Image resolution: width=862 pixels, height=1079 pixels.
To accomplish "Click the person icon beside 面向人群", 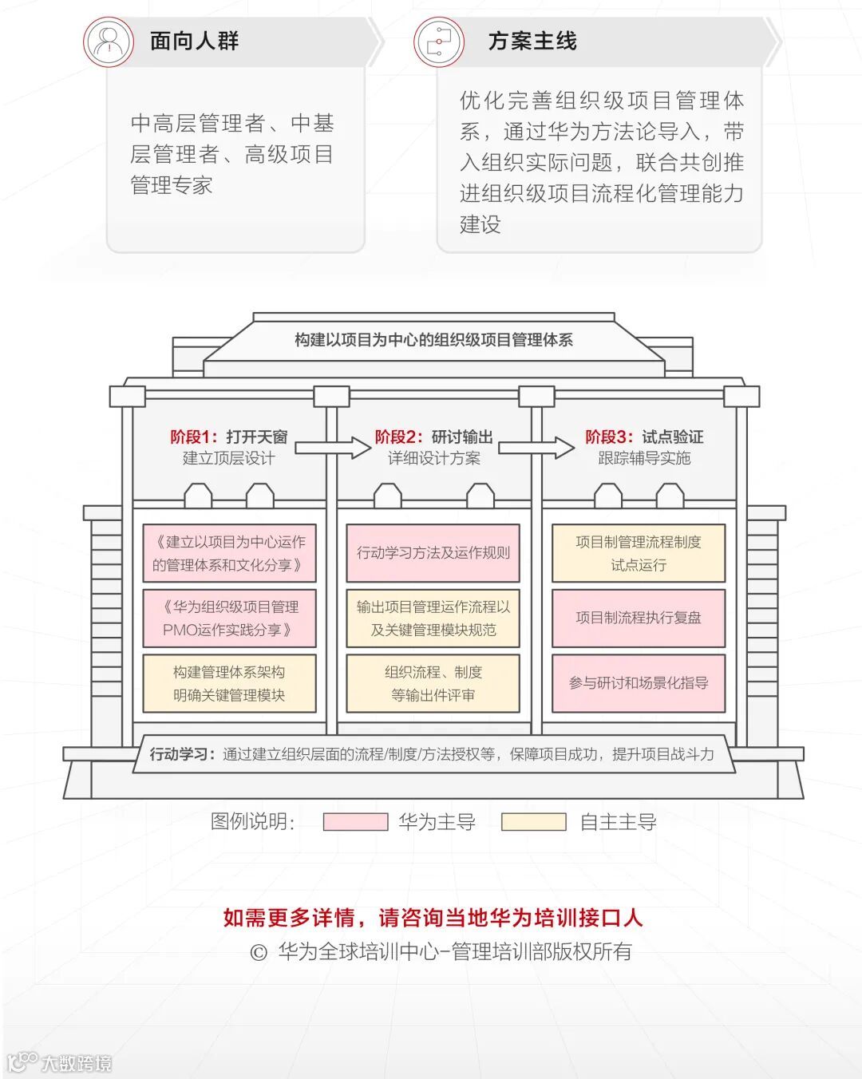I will pyautogui.click(x=109, y=41).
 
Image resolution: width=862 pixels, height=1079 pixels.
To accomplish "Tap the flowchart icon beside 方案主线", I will pyautogui.click(x=438, y=41).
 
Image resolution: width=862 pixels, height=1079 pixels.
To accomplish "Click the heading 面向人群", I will pyautogui.click(x=195, y=41).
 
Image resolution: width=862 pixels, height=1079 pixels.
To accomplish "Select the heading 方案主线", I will pyautogui.click(x=532, y=41).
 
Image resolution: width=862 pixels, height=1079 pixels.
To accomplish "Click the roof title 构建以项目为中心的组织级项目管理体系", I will pyautogui.click(x=433, y=340).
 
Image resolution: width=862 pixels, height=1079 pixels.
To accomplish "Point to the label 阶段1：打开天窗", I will pyautogui.click(x=229, y=437).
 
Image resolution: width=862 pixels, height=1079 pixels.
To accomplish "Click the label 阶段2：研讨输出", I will pyautogui.click(x=434, y=437).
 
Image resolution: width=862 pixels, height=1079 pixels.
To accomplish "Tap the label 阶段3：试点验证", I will pyautogui.click(x=644, y=437).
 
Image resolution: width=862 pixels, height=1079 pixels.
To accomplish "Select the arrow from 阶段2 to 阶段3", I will pyautogui.click(x=536, y=447).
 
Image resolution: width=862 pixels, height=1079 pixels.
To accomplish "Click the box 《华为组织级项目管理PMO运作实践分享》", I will pyautogui.click(x=230, y=619).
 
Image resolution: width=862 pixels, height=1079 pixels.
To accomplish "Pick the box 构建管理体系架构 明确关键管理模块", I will pyautogui.click(x=230, y=683).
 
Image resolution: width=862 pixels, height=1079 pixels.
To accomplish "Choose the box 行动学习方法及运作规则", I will pyautogui.click(x=433, y=553).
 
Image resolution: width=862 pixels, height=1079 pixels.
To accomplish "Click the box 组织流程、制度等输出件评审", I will pyautogui.click(x=433, y=683).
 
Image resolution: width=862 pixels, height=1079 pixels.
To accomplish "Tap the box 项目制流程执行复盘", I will pyautogui.click(x=639, y=618).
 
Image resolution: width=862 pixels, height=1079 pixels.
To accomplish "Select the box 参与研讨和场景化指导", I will pyautogui.click(x=639, y=683).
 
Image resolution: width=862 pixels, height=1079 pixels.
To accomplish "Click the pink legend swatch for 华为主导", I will pyautogui.click(x=355, y=822).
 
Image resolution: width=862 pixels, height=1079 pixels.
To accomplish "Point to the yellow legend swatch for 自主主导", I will pyautogui.click(x=533, y=822).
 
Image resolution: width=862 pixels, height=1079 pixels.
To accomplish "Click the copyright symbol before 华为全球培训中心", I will pyautogui.click(x=258, y=952).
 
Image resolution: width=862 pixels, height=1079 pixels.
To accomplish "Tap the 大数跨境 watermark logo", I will pyautogui.click(x=60, y=1062).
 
